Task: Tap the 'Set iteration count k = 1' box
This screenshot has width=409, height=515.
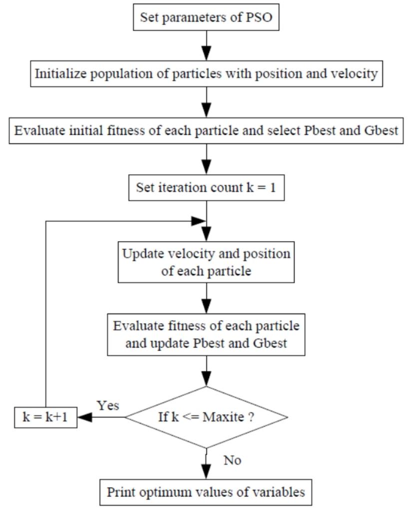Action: pos(206,188)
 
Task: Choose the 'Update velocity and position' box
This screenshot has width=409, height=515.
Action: pos(206,262)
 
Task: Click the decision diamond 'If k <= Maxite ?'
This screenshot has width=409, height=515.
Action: pos(206,417)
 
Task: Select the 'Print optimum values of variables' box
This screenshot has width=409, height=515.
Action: pos(206,492)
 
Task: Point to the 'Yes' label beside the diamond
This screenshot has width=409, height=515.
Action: pos(107,405)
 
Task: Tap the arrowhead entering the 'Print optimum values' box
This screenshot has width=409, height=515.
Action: pos(206,472)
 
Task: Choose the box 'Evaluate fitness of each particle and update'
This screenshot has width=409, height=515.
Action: pos(206,334)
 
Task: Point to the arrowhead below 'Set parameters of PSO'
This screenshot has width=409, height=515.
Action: pos(206,54)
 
